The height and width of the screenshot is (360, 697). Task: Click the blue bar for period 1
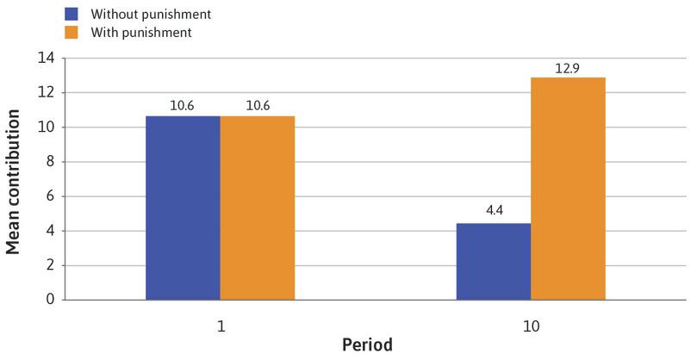(183, 208)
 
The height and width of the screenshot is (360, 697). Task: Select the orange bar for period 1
(258, 208)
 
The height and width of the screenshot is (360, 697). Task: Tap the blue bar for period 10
(494, 261)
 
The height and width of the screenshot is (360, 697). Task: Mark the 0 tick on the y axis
(50, 300)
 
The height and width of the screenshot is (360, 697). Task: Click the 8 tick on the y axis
(50, 162)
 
